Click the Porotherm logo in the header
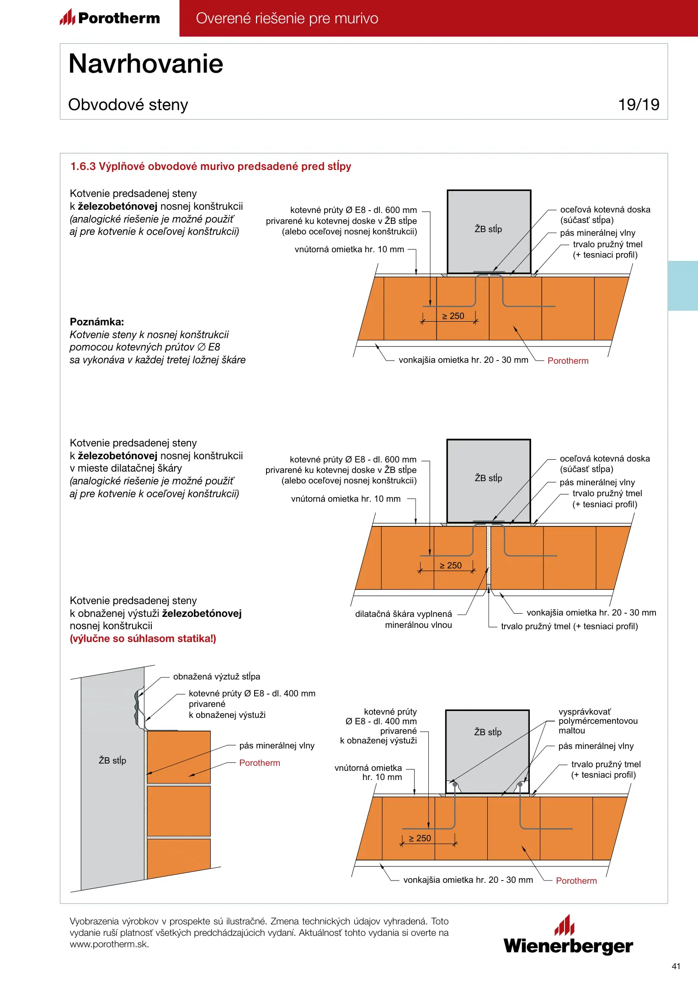click(x=110, y=18)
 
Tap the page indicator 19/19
click(x=639, y=105)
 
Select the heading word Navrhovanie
click(x=146, y=64)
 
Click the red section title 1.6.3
click(x=211, y=166)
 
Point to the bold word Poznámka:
click(x=97, y=322)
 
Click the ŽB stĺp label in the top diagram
click(x=488, y=229)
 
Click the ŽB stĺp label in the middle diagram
click(x=488, y=478)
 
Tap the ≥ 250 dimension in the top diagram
click(x=453, y=316)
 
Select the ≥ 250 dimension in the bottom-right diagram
click(x=420, y=838)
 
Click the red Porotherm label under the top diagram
click(x=568, y=361)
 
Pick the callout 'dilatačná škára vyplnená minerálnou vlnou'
click(x=404, y=619)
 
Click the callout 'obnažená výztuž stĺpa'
click(x=217, y=676)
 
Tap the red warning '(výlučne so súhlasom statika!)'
click(x=143, y=638)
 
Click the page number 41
click(x=676, y=966)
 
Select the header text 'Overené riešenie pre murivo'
click(x=287, y=18)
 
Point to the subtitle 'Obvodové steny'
click(x=128, y=105)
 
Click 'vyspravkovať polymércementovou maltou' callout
click(x=598, y=721)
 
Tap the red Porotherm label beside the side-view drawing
click(x=260, y=763)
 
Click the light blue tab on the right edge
click(x=683, y=286)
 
